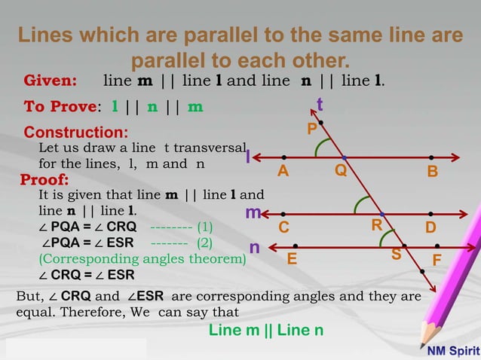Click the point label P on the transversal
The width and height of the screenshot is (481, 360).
(x=311, y=130)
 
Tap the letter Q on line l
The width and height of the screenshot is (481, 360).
(x=341, y=170)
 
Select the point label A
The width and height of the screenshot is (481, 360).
(x=283, y=171)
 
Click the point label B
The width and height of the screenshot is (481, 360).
(x=432, y=172)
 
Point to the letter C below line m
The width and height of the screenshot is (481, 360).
(x=283, y=227)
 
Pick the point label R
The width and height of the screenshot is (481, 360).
(x=376, y=225)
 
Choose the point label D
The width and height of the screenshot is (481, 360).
(x=430, y=227)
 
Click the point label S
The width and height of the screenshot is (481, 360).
(x=396, y=255)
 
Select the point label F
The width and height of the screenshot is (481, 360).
(x=437, y=261)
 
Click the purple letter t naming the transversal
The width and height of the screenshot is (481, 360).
(x=320, y=104)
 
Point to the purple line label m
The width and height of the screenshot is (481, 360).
(x=253, y=214)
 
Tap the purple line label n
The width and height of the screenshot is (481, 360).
(x=255, y=247)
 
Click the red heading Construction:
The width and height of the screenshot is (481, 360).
(x=75, y=133)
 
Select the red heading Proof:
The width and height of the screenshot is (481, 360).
(x=44, y=180)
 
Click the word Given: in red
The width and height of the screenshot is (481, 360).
(x=51, y=81)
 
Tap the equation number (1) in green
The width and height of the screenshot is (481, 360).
(x=204, y=226)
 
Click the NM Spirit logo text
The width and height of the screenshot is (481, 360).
(x=452, y=350)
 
